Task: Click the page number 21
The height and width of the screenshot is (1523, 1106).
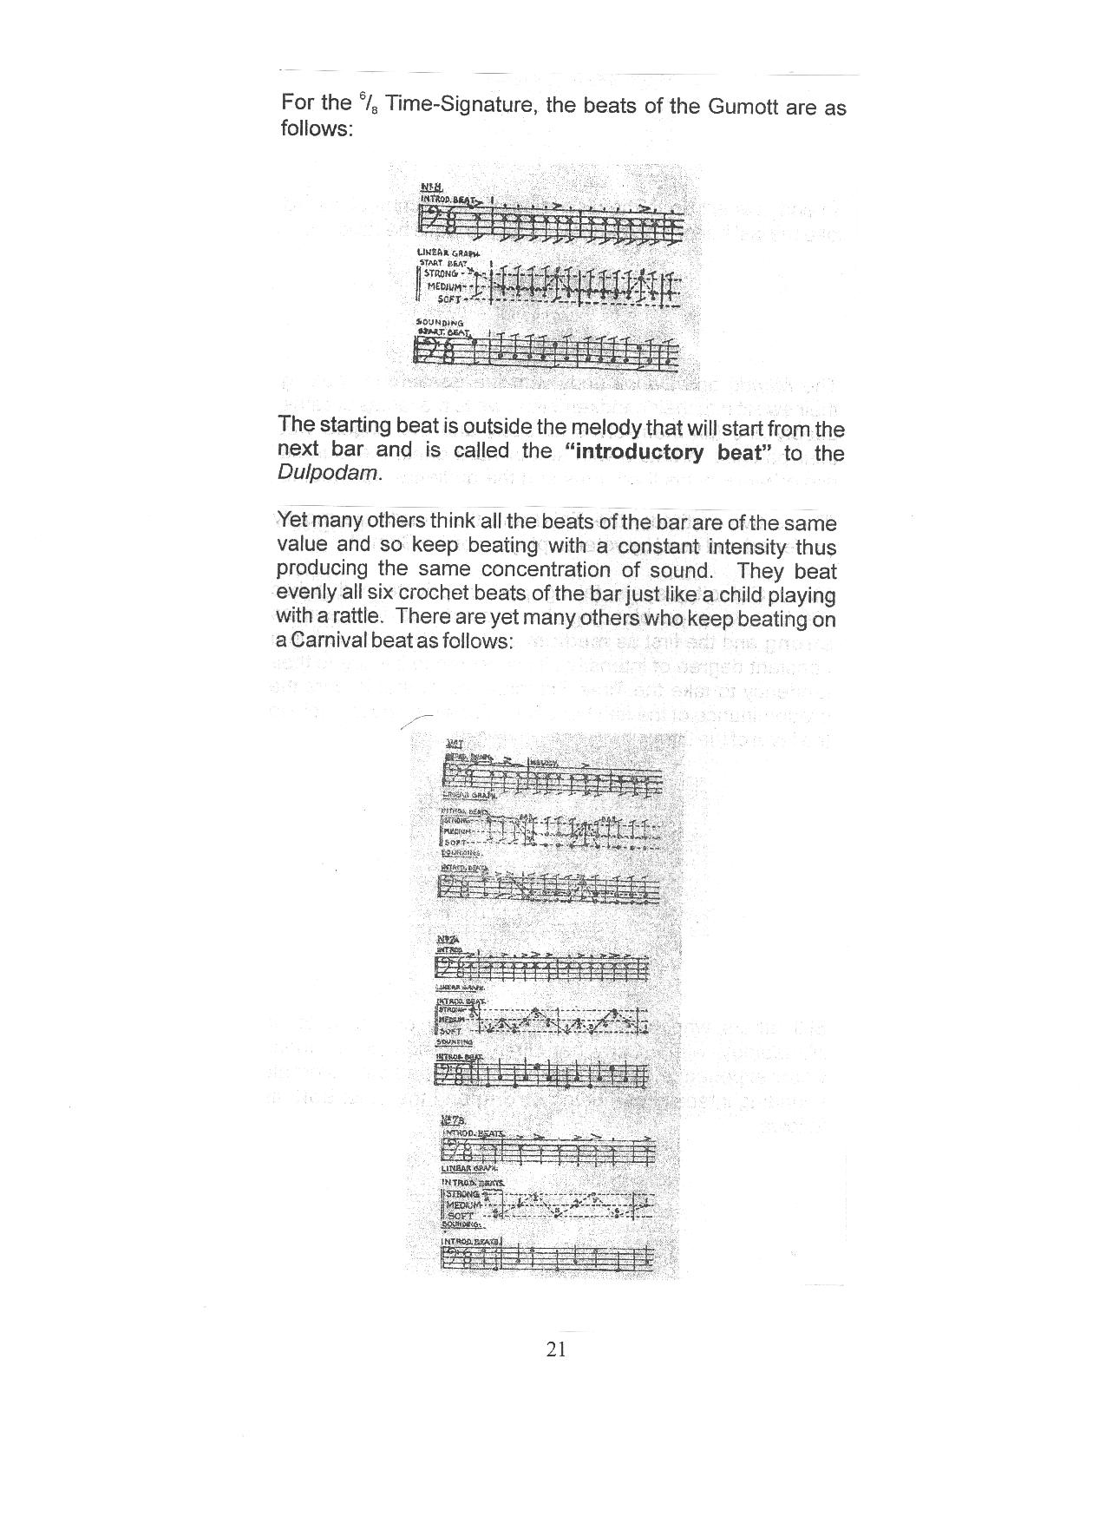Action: (556, 1349)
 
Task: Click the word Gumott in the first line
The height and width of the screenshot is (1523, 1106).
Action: (747, 107)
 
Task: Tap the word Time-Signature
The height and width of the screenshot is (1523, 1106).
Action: (461, 104)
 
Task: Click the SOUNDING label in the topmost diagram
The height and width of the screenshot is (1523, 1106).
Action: (440, 322)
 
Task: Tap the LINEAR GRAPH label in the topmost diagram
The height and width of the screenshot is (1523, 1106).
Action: (442, 253)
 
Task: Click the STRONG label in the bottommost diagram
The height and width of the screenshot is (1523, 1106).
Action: (462, 1193)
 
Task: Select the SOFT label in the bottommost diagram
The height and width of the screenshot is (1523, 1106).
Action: (460, 1215)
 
